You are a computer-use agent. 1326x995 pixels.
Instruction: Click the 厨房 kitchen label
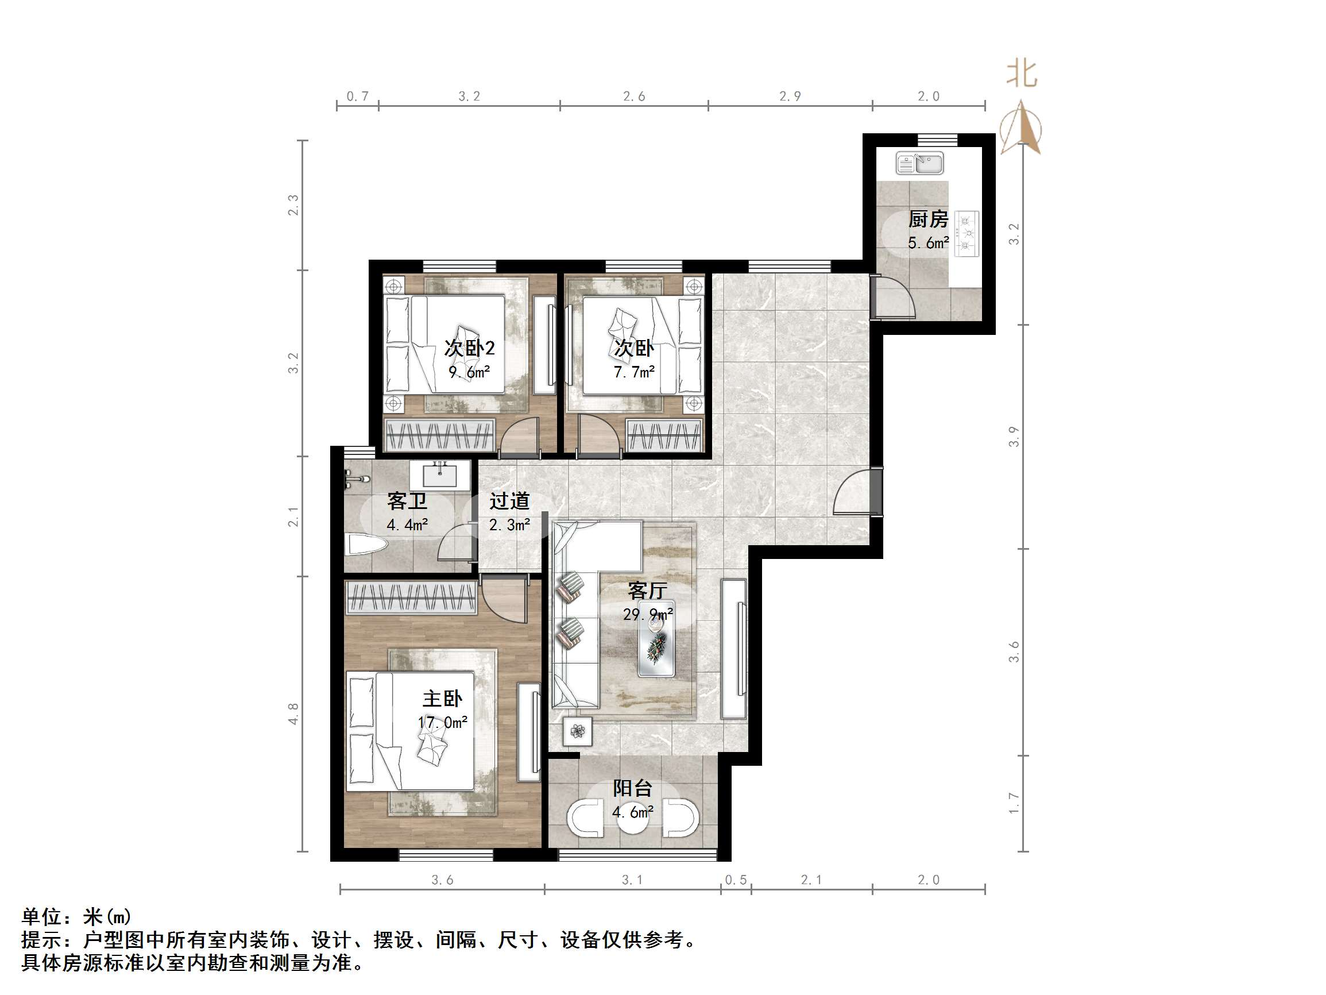tap(928, 219)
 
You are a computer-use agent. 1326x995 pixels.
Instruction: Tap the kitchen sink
tap(919, 163)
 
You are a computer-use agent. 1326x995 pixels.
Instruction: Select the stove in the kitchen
tap(967, 234)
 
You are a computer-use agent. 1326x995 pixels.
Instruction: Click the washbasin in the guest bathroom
tap(440, 476)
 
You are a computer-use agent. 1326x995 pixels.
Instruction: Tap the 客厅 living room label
tap(647, 591)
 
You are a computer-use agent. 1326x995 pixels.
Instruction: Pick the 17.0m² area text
tap(442, 722)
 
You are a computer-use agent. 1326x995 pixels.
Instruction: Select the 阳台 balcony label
tap(632, 788)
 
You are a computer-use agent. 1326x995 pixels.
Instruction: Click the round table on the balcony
tap(633, 820)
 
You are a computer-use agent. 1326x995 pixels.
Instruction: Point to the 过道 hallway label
tap(509, 501)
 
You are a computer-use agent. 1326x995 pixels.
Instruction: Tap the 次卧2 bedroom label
tap(469, 348)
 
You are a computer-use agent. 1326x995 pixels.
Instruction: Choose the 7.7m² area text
tap(634, 372)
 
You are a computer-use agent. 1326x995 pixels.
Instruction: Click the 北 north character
tap(1022, 75)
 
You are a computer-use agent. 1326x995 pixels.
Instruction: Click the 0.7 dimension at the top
tap(357, 97)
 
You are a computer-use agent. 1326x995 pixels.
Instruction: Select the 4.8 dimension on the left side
tap(293, 714)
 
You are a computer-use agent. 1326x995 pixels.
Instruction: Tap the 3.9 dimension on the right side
tap(1013, 437)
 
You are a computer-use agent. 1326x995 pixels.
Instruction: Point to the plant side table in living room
tap(578, 732)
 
